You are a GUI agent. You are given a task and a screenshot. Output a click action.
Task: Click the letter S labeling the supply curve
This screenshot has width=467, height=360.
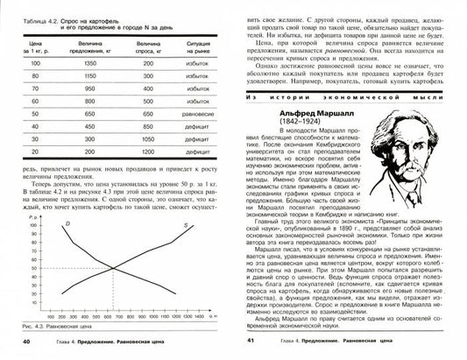click(x=185, y=227)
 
